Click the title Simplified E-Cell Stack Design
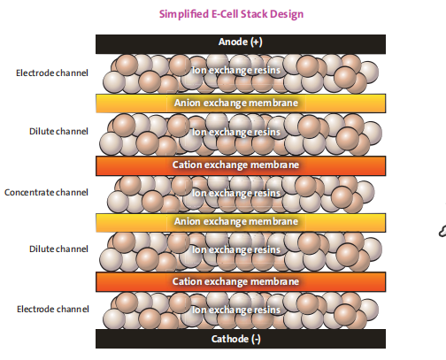coord(231,14)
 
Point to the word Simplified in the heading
coord(184,14)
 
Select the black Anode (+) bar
coord(241,44)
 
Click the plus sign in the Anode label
coord(256,42)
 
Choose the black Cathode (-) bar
coord(241,339)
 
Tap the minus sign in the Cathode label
coord(257,340)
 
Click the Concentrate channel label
coord(46,192)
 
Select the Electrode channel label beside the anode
coord(52,73)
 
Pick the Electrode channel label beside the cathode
coord(53,309)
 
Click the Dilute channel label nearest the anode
coord(58,131)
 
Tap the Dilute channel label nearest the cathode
coord(58,249)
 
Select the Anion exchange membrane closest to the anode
coord(241,103)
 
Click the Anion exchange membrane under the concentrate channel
coord(241,223)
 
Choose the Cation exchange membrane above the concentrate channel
coord(241,165)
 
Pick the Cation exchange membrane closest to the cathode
coord(241,282)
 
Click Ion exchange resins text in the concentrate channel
coord(236,193)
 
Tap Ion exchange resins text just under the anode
coord(236,70)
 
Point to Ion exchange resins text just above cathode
coord(236,310)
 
